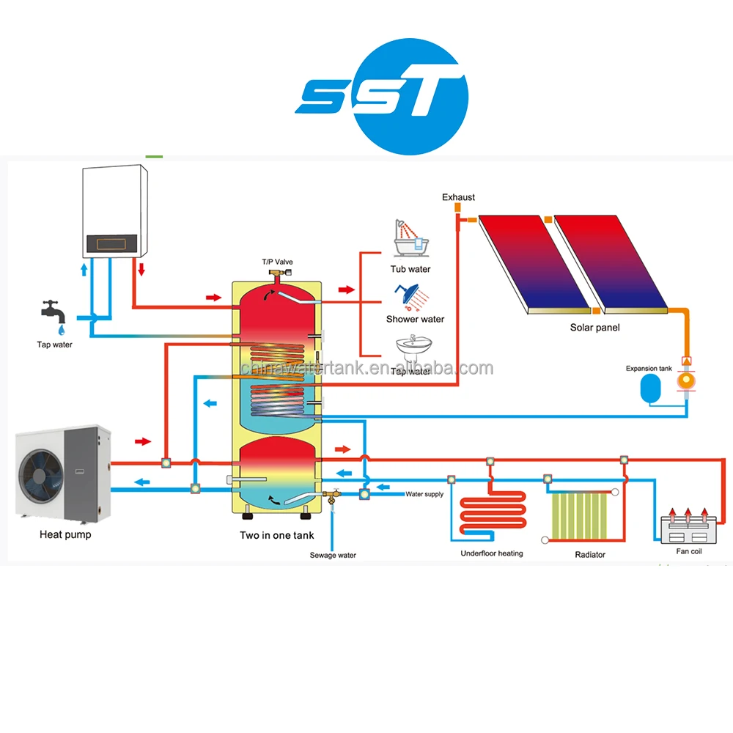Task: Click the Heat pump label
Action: click(x=65, y=535)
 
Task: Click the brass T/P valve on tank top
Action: click(x=277, y=276)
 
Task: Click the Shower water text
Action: click(x=415, y=319)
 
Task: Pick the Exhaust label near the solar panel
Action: click(x=458, y=197)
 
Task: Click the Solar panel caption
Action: click(x=594, y=328)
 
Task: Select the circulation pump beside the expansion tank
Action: click(x=686, y=380)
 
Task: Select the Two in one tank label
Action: click(x=276, y=536)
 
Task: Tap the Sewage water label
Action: click(x=333, y=556)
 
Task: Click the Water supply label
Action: click(x=424, y=494)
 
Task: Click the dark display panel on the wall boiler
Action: click(x=110, y=242)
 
